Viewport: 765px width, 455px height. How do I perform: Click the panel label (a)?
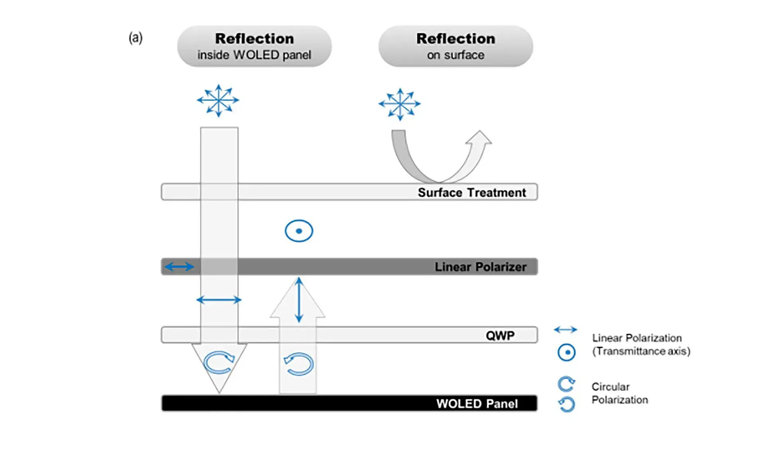(x=135, y=38)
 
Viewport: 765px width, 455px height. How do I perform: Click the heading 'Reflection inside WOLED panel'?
(x=254, y=46)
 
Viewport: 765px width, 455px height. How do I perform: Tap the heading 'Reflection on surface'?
(x=455, y=46)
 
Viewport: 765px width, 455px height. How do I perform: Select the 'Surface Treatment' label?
(x=471, y=193)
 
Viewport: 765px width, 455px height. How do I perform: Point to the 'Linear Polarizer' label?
(x=480, y=267)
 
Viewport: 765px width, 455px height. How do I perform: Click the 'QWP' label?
(x=500, y=335)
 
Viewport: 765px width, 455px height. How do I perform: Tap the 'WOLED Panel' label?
(x=477, y=404)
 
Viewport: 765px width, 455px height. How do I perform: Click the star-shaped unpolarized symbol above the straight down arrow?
(x=218, y=100)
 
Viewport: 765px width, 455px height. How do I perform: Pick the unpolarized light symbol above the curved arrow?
(x=399, y=104)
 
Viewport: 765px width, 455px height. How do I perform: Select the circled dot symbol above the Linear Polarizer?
(x=299, y=231)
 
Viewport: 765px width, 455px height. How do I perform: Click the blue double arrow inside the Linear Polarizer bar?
(x=179, y=266)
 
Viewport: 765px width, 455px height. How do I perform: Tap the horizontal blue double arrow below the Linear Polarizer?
(x=219, y=300)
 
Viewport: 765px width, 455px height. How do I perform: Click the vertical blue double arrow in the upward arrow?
(x=299, y=300)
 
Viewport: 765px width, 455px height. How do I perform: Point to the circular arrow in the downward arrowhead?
(x=218, y=362)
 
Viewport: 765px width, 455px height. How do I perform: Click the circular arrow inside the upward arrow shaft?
(x=299, y=364)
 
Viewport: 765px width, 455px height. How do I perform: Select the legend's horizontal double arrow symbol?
(x=565, y=329)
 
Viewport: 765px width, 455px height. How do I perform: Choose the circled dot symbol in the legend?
(x=566, y=353)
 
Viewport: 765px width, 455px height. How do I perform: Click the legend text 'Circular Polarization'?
(x=619, y=393)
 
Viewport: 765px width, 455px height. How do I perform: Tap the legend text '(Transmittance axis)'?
(x=641, y=351)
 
